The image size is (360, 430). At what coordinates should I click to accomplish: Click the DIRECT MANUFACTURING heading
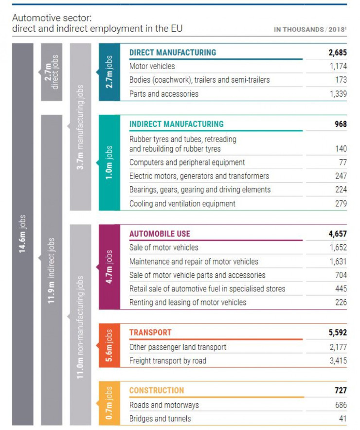coord(172,53)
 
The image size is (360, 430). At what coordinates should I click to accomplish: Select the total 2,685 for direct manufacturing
coord(337,53)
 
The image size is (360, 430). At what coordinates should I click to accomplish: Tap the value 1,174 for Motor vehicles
coord(338,66)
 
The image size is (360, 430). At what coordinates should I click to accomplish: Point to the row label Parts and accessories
coord(163,94)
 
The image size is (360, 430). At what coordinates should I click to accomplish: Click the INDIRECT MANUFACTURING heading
coord(176,124)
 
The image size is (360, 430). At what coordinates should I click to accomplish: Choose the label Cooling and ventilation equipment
coord(182,204)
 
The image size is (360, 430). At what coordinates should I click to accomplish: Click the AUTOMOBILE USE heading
coord(160,234)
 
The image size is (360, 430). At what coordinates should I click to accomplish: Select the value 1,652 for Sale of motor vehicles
coord(338,248)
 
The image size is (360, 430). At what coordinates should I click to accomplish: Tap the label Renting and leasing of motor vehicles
coord(188,303)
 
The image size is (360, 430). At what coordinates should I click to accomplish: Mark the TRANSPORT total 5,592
coord(337,333)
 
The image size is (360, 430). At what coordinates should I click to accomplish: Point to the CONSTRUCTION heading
coord(157,390)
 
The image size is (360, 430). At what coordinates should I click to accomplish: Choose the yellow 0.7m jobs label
coord(109,404)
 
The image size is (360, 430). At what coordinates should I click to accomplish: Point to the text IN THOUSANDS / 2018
coord(310,29)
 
